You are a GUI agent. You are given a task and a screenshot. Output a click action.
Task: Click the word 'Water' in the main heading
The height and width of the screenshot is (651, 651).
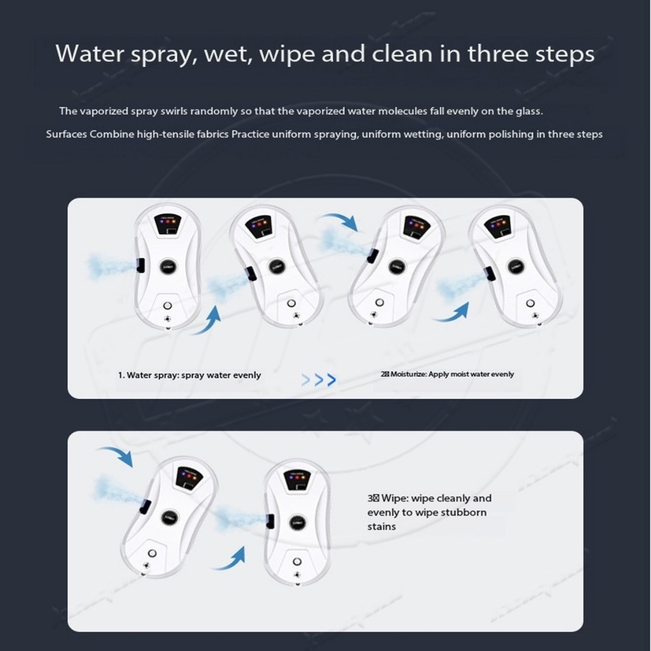[x=90, y=54]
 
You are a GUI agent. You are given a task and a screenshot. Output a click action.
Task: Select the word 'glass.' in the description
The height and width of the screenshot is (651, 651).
[x=529, y=111]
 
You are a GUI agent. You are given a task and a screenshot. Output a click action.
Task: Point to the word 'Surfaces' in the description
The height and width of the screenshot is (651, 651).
[x=66, y=134]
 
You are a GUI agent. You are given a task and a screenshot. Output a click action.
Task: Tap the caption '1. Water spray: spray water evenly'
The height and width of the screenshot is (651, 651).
[x=189, y=375]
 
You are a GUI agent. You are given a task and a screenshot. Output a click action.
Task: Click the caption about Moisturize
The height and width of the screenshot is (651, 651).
[x=447, y=374]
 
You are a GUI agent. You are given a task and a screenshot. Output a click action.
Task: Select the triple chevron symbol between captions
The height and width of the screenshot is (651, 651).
[x=319, y=380]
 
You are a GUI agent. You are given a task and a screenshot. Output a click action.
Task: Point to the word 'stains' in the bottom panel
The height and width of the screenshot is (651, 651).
[x=381, y=526]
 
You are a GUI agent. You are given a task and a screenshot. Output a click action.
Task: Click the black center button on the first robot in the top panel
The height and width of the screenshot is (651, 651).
[x=168, y=266]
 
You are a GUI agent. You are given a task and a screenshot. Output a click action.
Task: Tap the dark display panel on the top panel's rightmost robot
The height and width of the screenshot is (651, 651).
[x=497, y=227]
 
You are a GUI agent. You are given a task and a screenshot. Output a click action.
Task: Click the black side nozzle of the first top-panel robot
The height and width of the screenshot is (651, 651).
[x=140, y=265]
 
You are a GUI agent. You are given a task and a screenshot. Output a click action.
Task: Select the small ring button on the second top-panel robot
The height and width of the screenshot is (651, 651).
[x=291, y=303]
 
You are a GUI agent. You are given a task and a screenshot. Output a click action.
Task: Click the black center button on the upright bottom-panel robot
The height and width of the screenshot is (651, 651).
[x=298, y=522]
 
